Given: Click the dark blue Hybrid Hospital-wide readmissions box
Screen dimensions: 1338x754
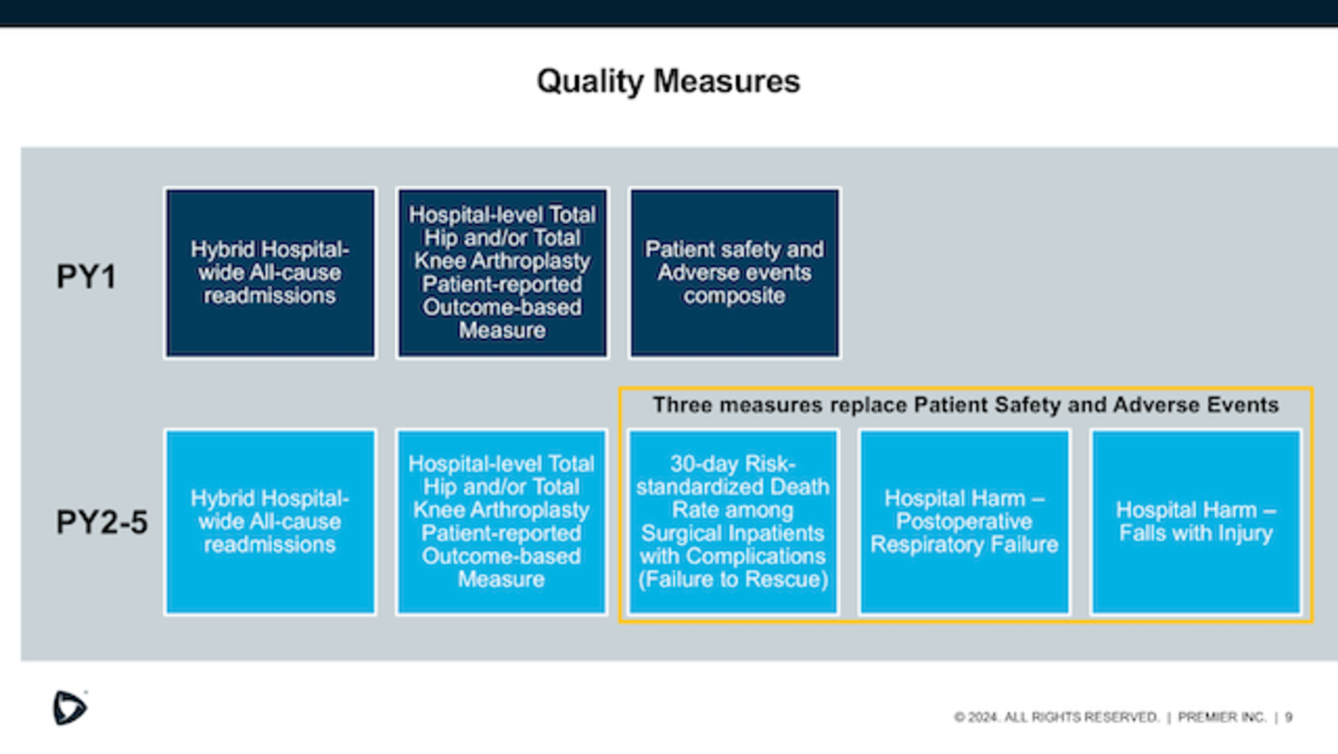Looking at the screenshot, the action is tap(270, 273).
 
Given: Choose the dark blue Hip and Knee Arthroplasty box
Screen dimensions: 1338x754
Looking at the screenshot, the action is tap(502, 273).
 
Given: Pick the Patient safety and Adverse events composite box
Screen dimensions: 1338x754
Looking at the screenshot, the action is tap(735, 273).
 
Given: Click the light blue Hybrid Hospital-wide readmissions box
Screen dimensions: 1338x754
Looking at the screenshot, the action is tap(270, 522).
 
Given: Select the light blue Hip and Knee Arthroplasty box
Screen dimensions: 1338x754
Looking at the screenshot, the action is tap(502, 522).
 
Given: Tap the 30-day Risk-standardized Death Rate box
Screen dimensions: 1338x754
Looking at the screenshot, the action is tap(733, 522).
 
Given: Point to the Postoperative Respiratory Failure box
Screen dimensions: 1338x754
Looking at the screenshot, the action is tap(964, 522).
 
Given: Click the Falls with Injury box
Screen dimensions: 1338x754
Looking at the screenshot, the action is tap(1196, 522).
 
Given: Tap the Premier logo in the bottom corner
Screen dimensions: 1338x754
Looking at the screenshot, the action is tap(70, 708).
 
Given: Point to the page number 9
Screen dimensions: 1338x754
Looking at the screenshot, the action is tap(1289, 717).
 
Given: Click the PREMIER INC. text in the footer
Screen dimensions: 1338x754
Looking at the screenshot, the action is tap(1222, 717).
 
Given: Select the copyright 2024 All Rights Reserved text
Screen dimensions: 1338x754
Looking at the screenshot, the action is tap(1056, 717).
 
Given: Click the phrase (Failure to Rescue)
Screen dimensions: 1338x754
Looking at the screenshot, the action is tap(733, 580).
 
